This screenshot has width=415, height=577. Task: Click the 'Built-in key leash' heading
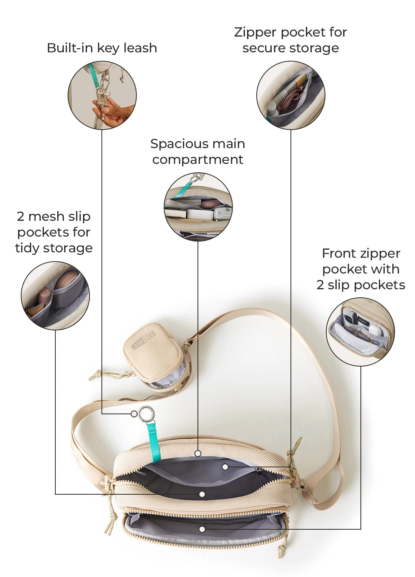(102, 48)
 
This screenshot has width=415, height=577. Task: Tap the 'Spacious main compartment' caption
(198, 152)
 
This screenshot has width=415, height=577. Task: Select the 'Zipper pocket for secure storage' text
(290, 40)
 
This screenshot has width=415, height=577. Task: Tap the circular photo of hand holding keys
(102, 95)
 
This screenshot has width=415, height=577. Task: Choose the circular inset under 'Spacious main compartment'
(198, 207)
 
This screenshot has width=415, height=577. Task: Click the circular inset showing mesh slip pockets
(55, 296)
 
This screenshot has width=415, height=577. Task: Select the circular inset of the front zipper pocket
(360, 332)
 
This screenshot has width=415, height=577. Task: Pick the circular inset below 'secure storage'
(291, 95)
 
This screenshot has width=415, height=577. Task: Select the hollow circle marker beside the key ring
(134, 414)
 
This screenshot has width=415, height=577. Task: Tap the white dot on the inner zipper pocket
(225, 467)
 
